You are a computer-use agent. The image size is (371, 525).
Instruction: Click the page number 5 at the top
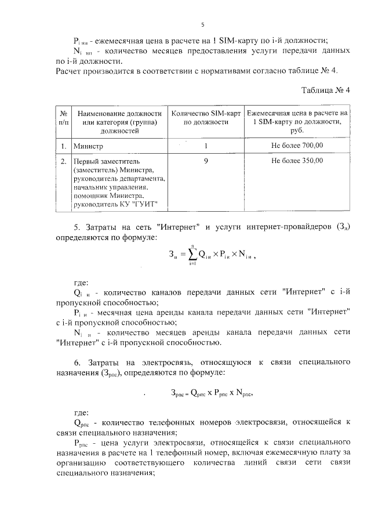[202, 24]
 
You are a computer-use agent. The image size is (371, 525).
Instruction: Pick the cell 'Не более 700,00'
[297, 145]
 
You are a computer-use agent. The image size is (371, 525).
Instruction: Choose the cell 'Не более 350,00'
[297, 161]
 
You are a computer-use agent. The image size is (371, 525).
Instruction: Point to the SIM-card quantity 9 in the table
[206, 161]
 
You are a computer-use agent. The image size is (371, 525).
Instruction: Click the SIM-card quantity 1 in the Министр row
[206, 145]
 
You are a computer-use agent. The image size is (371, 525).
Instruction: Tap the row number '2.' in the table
[63, 161]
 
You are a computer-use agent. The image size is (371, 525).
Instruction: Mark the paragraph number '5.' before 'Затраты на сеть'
[78, 225]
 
